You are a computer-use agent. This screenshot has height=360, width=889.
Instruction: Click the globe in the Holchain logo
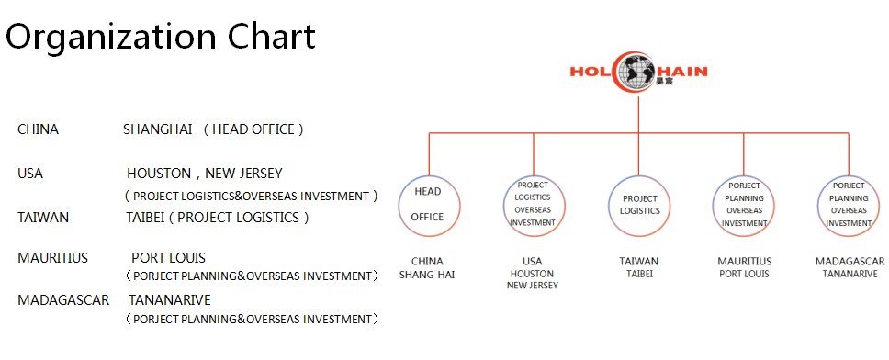point(637,72)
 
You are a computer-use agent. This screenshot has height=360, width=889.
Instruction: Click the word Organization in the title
point(111,37)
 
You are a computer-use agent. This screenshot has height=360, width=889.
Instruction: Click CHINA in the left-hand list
point(38,129)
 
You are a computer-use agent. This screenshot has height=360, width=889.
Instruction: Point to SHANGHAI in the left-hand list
point(158,129)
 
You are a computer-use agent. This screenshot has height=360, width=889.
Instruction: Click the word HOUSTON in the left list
point(159,174)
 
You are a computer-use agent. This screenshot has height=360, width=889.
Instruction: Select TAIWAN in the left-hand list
point(43,218)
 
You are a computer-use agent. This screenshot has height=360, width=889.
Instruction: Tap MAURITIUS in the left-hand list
point(52,258)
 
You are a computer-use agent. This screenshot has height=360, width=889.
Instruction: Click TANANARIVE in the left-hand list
point(170,300)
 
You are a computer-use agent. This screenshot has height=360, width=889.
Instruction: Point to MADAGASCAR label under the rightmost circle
point(850,262)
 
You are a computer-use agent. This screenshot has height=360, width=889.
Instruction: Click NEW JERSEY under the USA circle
point(533,286)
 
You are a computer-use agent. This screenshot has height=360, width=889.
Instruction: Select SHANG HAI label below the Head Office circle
point(427,275)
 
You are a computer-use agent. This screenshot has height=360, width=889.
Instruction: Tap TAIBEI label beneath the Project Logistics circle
point(639,274)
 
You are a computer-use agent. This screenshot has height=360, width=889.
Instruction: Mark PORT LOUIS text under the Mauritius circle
point(744,274)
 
